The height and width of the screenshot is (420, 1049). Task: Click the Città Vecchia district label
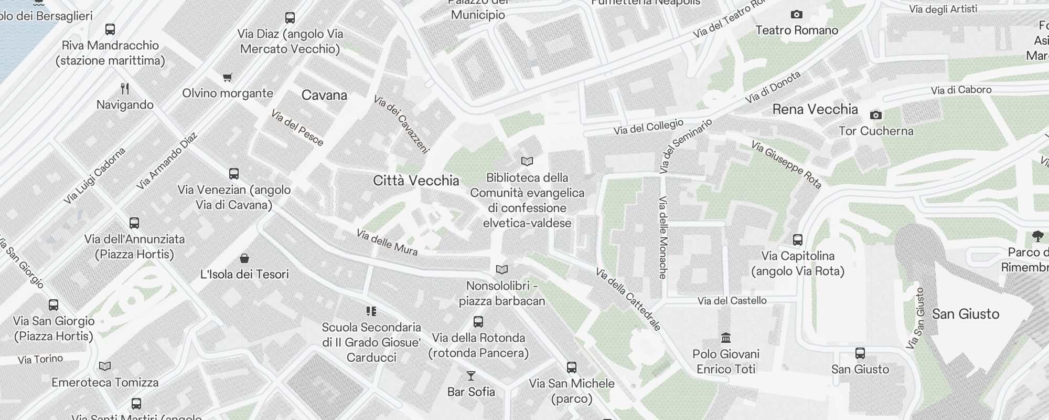[416, 181]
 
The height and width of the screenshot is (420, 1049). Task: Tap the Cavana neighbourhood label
[324, 95]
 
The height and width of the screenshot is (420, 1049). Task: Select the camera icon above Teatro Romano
[796, 15]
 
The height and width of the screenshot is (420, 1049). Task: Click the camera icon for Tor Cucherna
[875, 115]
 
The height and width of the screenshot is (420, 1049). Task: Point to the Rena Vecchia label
[815, 109]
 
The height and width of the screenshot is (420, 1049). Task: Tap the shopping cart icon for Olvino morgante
[227, 78]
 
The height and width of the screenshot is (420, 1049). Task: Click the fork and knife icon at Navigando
[125, 89]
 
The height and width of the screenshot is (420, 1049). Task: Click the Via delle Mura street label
[387, 242]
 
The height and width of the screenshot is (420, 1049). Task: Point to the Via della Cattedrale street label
[628, 299]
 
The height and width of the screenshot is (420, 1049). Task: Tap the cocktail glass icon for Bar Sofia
[470, 376]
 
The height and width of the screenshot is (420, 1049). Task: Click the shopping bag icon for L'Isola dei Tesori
[244, 258]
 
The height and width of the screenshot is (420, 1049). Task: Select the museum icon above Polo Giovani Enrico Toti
[726, 338]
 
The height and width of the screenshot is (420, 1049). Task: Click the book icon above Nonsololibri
[502, 270]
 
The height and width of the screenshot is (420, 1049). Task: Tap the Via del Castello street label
[732, 301]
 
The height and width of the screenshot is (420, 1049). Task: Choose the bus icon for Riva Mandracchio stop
[110, 29]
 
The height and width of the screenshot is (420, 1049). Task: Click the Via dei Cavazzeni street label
[401, 124]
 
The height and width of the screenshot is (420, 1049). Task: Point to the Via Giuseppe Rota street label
[786, 164]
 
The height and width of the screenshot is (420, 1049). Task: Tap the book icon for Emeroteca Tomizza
[105, 366]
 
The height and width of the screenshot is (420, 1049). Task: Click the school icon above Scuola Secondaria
[371, 311]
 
